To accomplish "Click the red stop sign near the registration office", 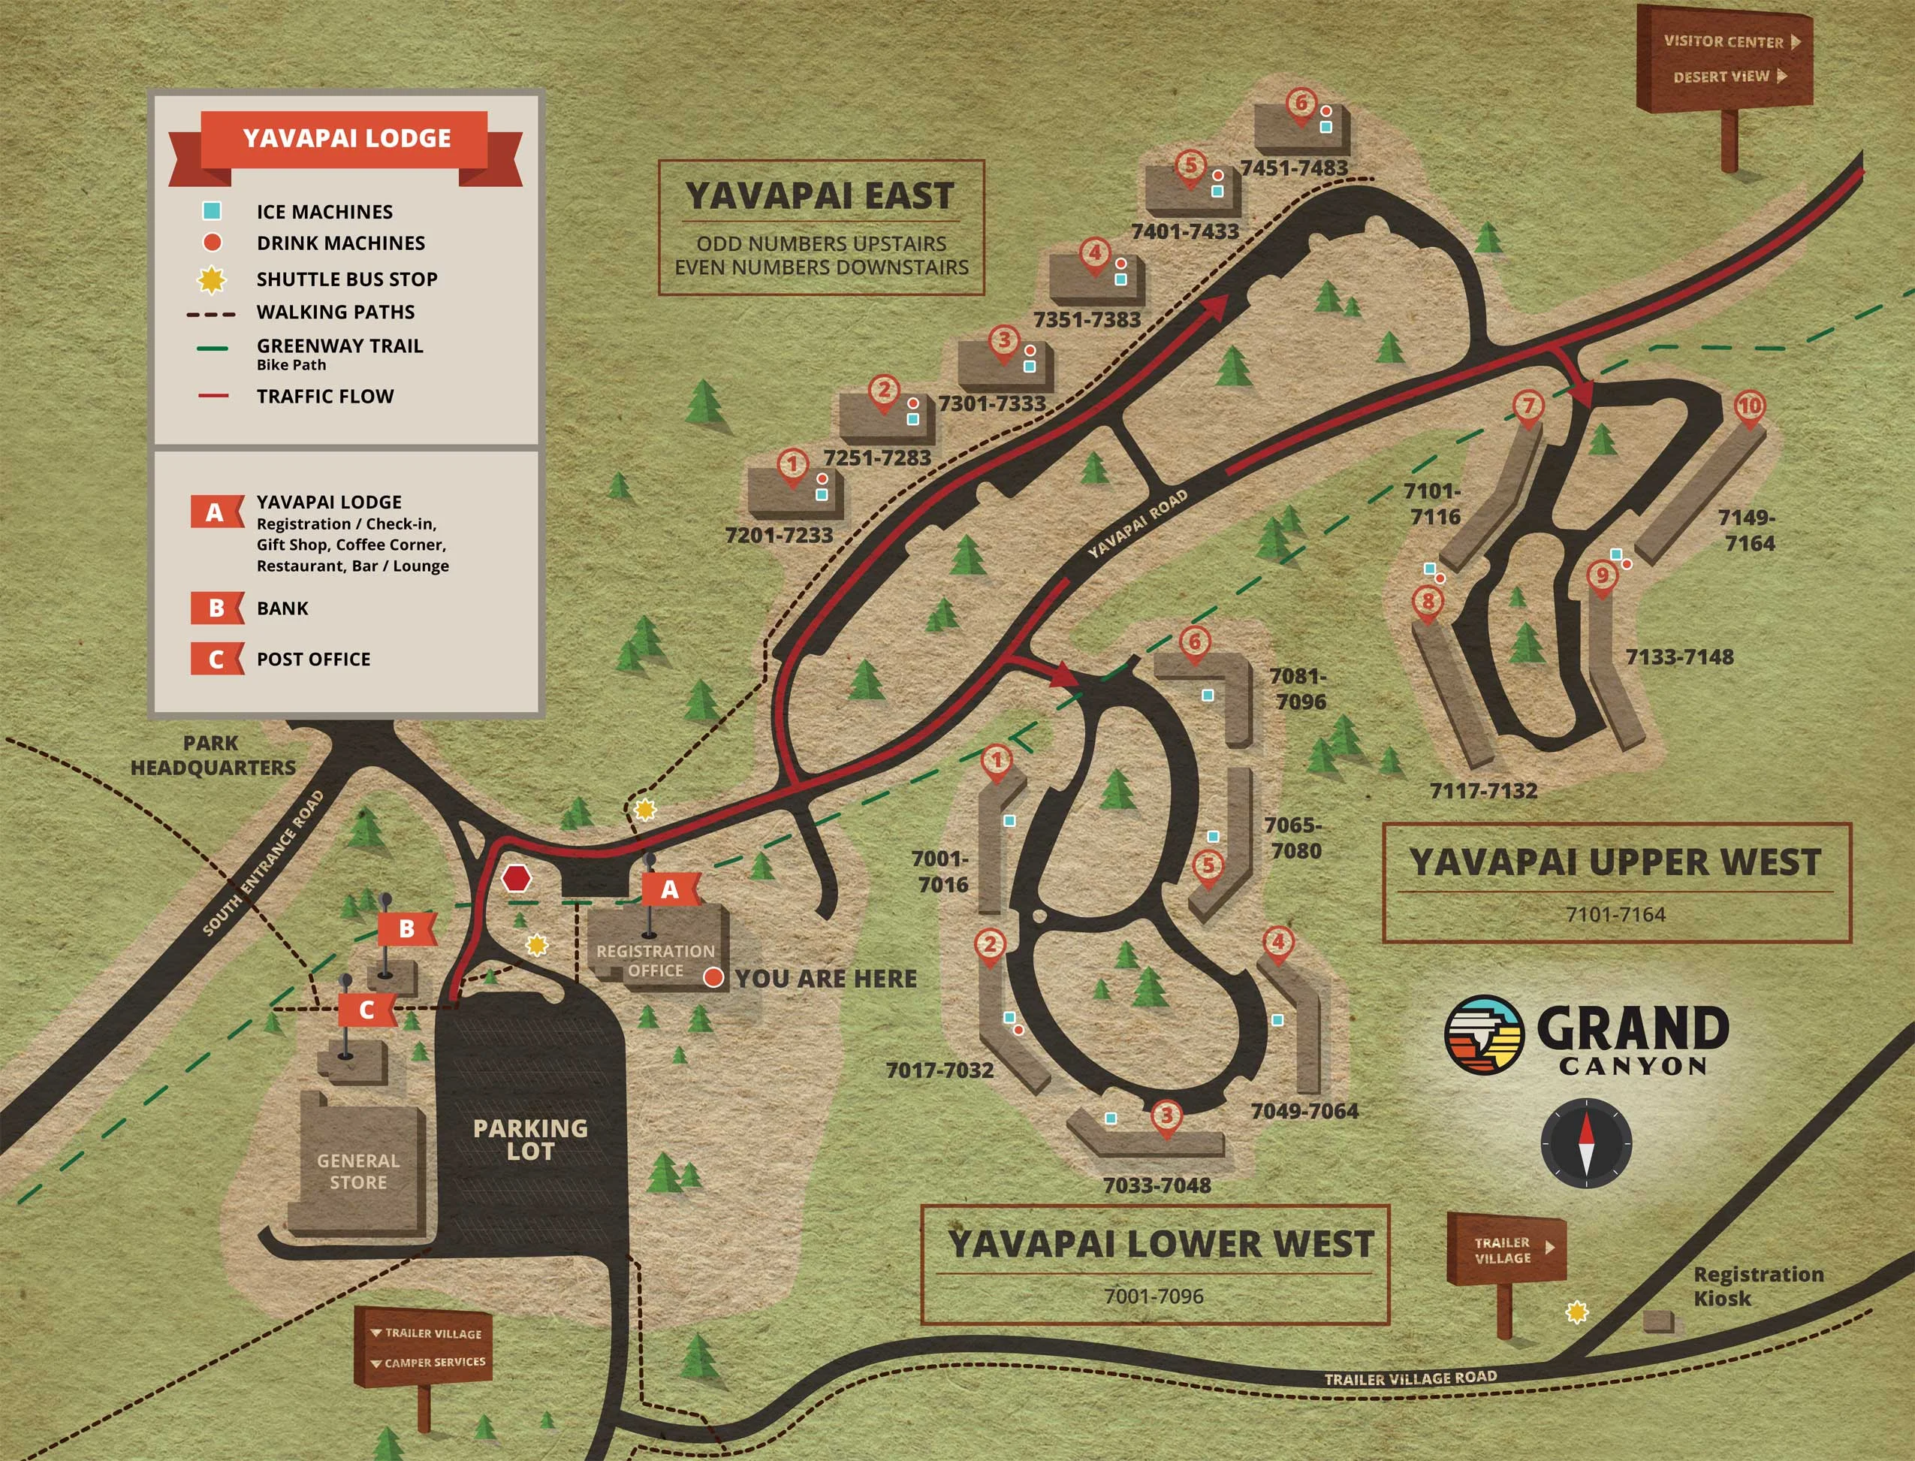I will point(517,878).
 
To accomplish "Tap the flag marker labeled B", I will point(406,928).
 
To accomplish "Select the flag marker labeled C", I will point(366,1010).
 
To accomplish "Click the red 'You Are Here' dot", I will point(713,977).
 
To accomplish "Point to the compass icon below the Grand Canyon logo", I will point(1585,1143).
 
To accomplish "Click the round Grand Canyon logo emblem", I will point(1484,1035).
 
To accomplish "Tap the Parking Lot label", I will point(530,1140).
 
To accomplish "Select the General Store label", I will point(358,1171).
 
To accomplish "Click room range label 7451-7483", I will point(1293,168).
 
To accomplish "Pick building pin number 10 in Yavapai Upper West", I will point(1749,406).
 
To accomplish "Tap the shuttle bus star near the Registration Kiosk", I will point(1576,1312).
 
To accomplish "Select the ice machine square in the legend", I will point(211,210).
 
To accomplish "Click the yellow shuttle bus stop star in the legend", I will point(211,279).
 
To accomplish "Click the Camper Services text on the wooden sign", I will point(435,1362).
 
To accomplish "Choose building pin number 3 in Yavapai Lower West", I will point(1166,1115).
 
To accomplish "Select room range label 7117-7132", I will point(1483,790).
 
